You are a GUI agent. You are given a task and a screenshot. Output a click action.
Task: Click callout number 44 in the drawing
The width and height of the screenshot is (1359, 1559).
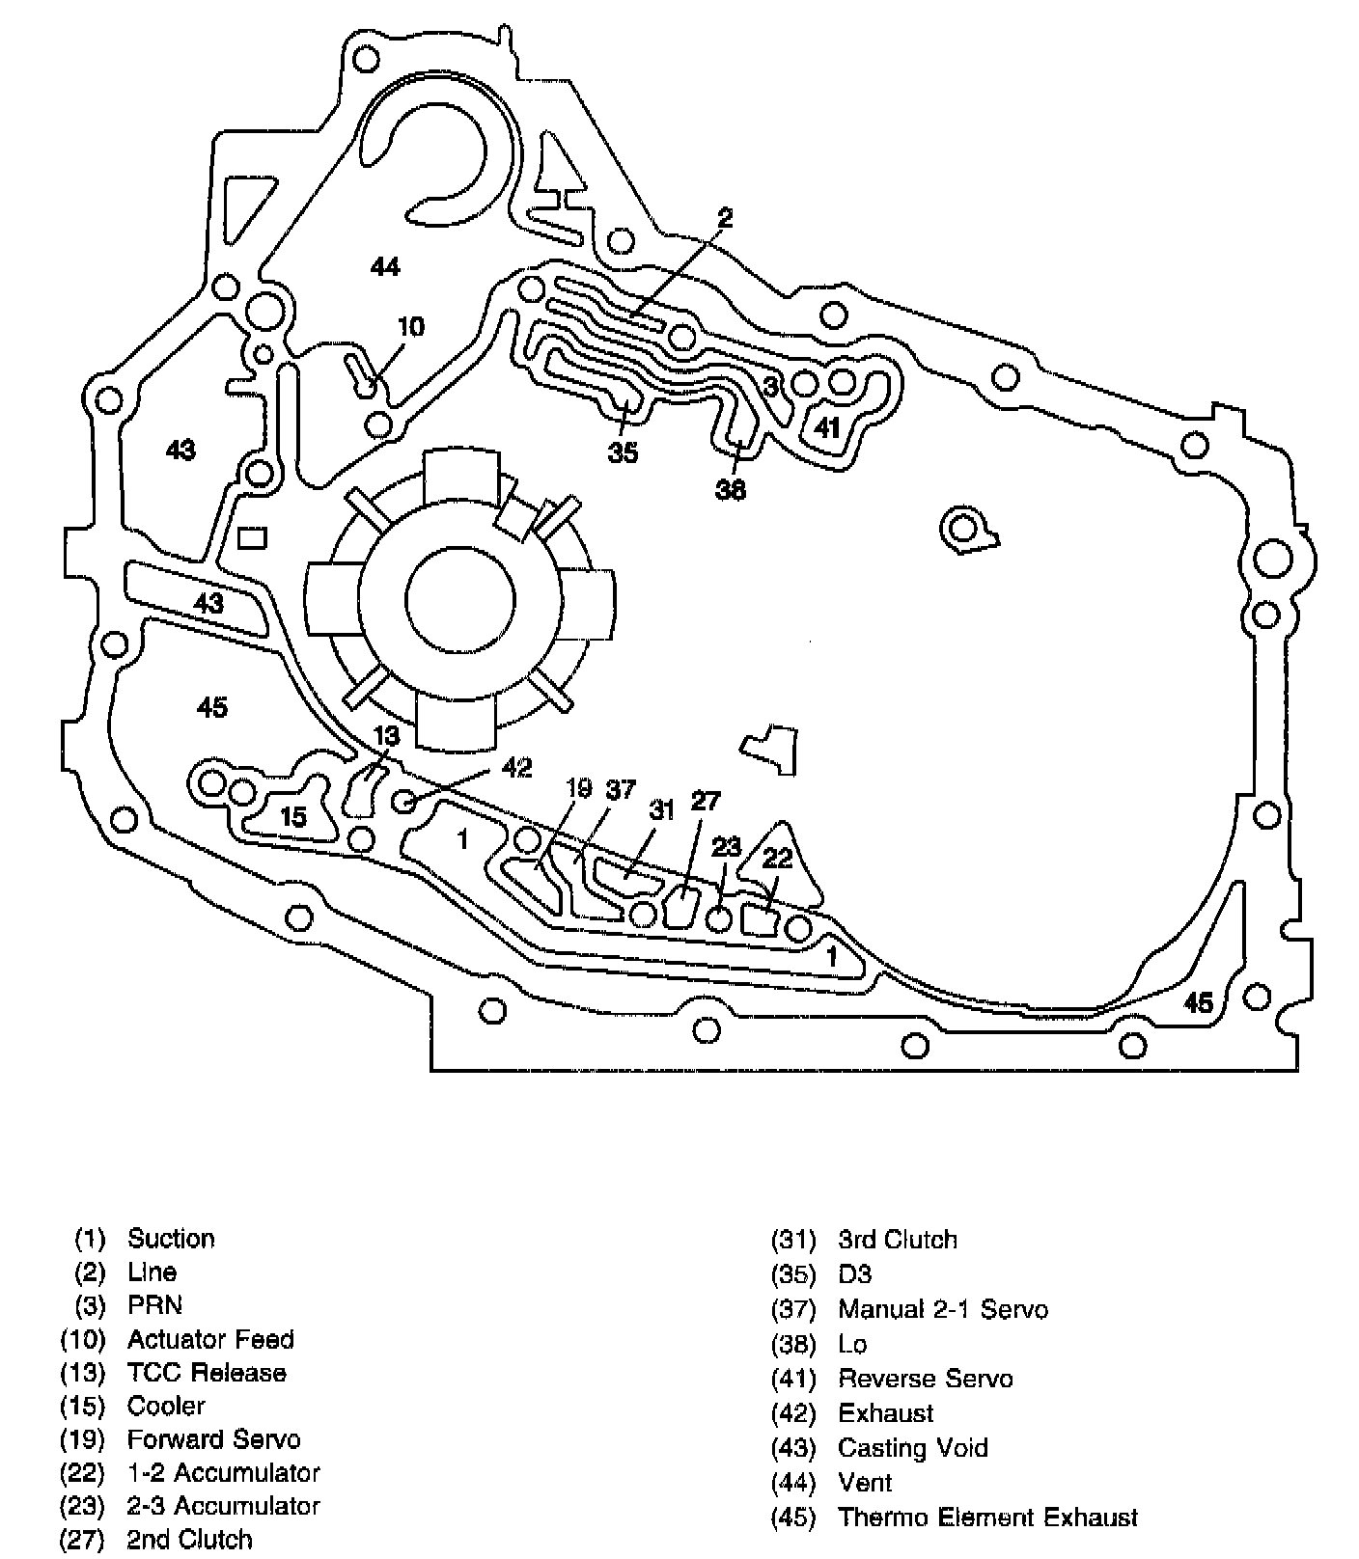coord(385,265)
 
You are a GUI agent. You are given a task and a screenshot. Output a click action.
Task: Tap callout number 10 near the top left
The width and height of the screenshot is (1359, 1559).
coord(410,326)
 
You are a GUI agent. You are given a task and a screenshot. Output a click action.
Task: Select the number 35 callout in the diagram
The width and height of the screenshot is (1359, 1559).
coord(623,451)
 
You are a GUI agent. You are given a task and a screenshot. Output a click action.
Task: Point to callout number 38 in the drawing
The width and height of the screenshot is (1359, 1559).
coord(731,490)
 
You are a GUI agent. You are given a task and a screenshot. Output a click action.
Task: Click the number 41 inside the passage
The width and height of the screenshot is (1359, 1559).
coord(828,426)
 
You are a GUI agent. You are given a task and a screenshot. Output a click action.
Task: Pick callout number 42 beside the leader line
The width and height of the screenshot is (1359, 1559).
coord(516,767)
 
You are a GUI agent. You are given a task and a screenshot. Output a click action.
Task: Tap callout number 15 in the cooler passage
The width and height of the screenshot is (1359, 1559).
coord(293,817)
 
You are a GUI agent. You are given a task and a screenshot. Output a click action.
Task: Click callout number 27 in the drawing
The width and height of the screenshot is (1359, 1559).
coord(706,801)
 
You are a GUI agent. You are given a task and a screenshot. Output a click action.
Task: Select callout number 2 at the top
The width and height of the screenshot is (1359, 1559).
coord(725,218)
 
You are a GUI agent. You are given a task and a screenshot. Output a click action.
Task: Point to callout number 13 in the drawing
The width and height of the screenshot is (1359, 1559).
coord(386,736)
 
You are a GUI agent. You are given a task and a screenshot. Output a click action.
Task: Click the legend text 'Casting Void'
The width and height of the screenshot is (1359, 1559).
coord(912,1447)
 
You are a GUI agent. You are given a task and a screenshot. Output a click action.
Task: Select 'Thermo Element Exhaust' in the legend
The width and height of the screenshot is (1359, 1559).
coord(987,1517)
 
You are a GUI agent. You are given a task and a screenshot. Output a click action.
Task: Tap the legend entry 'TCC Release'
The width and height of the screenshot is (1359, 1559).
coord(207,1372)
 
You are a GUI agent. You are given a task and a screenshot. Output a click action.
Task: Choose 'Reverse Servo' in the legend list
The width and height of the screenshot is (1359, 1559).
coord(925,1378)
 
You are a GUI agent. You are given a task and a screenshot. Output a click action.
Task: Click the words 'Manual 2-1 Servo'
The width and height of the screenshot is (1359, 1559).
coord(942,1309)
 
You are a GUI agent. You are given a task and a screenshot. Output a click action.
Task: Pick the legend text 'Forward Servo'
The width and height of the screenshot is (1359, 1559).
coord(213,1439)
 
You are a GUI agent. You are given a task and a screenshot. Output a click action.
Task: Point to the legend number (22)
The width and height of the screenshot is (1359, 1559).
coord(82,1473)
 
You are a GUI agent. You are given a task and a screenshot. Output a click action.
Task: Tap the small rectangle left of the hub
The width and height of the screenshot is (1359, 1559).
coord(252,537)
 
